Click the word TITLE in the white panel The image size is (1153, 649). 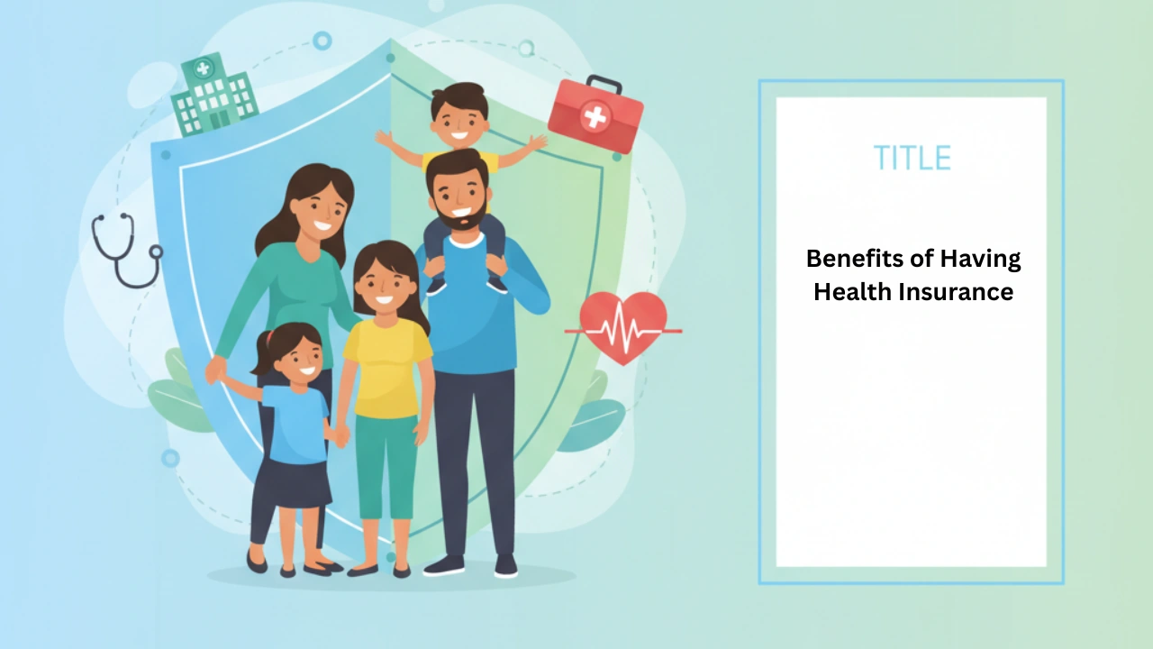pos(912,158)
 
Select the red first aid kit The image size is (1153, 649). pos(595,114)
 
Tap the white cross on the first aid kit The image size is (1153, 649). pos(595,117)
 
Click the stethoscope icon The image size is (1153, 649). pos(127,250)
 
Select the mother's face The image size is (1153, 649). pos(320,212)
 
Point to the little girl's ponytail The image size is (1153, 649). pos(262,355)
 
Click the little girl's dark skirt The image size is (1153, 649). pos(296,484)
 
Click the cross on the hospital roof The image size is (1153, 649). pos(204,68)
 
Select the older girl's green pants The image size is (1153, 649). pos(386,467)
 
